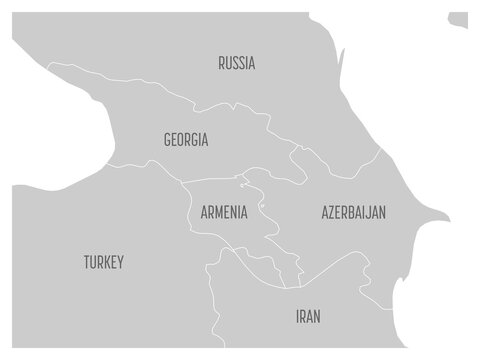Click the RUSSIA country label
pyautogui.click(x=236, y=63)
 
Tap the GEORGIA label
pyautogui.click(x=186, y=140)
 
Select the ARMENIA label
pyautogui.click(x=224, y=213)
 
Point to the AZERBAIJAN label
pyautogui.click(x=354, y=213)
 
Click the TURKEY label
pyautogui.click(x=103, y=263)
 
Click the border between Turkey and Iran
pyautogui.click(x=209, y=300)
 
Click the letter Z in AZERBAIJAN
pyautogui.click(x=332, y=213)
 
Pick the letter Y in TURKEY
pyautogui.click(x=120, y=263)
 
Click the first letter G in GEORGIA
pyautogui.click(x=166, y=140)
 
